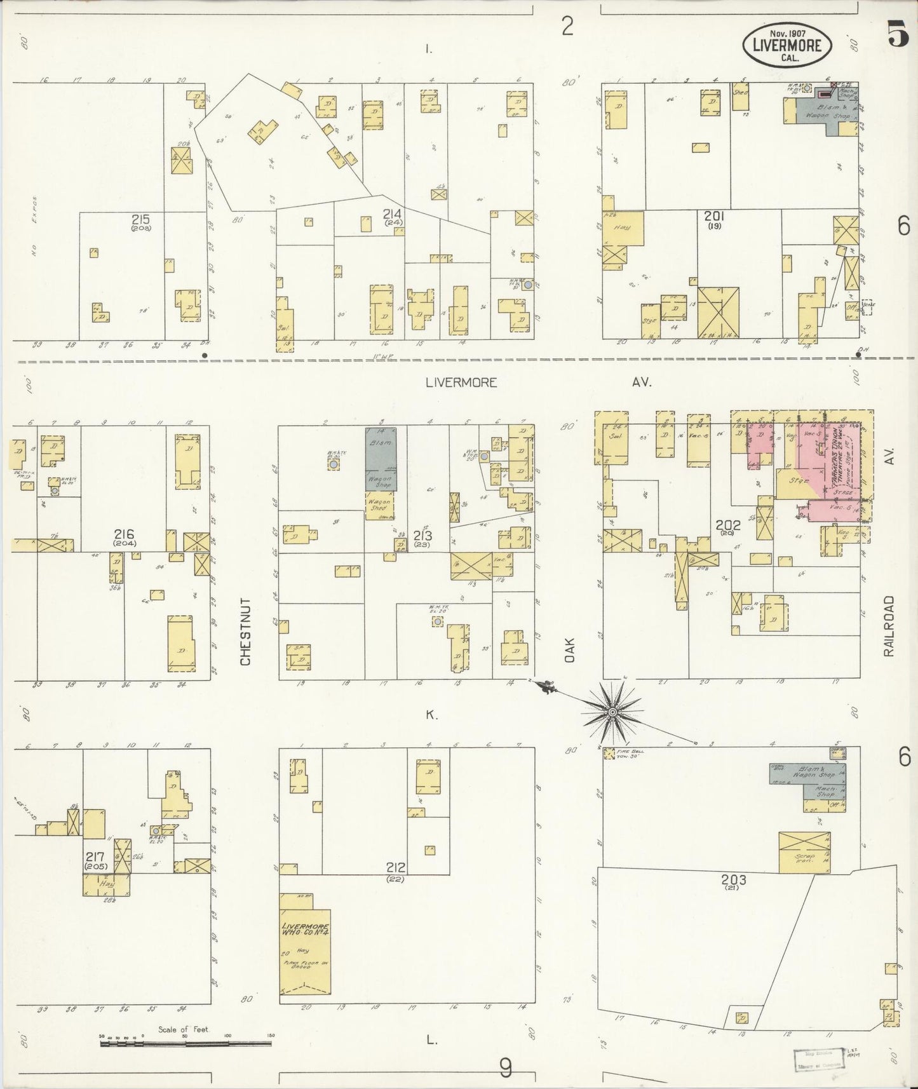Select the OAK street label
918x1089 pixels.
click(569, 651)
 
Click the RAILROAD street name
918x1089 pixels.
click(888, 626)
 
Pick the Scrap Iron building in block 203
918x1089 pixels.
click(804, 852)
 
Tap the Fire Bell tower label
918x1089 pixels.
click(630, 754)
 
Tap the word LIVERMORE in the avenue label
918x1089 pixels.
click(461, 382)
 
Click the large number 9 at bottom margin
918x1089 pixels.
click(506, 1068)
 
